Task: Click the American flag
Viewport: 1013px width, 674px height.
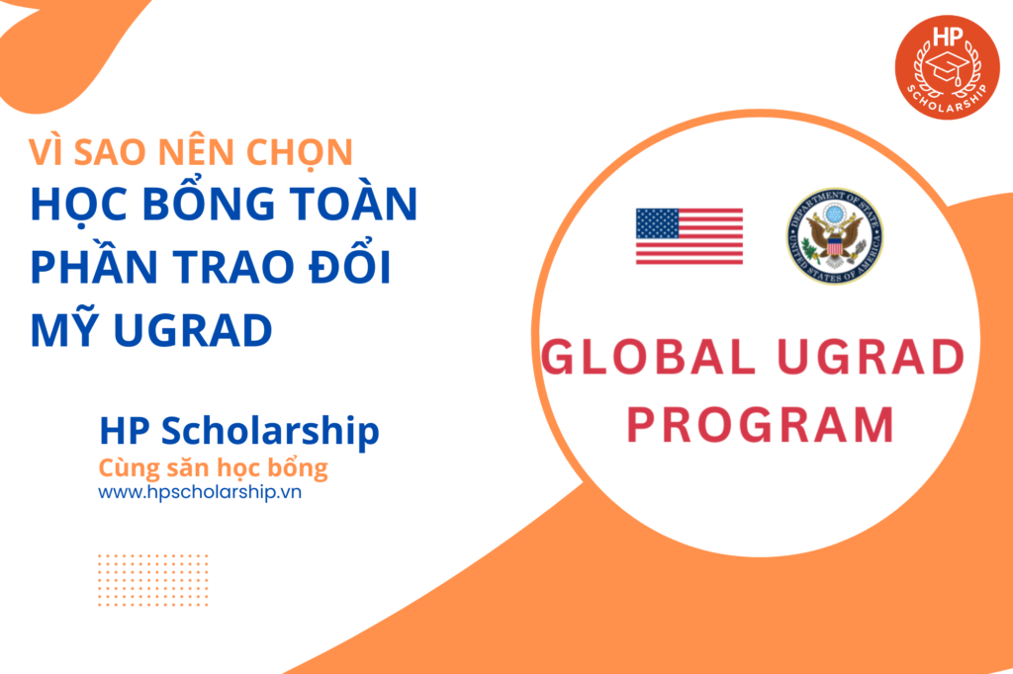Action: (x=690, y=236)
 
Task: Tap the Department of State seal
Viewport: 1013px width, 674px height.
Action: (x=834, y=236)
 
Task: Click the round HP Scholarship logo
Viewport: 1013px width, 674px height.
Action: (x=947, y=67)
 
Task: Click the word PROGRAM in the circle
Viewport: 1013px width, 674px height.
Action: (x=761, y=424)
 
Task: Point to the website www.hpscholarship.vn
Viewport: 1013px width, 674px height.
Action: (x=200, y=492)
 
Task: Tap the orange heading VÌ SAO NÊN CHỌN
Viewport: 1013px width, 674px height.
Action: (x=191, y=152)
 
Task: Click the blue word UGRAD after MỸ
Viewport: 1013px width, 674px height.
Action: (x=193, y=330)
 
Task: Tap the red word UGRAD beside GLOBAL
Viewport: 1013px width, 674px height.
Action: (x=871, y=357)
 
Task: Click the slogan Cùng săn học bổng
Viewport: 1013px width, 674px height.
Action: (x=214, y=468)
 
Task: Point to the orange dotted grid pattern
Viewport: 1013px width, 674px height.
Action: (x=153, y=580)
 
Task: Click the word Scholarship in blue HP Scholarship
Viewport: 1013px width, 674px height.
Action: (x=270, y=431)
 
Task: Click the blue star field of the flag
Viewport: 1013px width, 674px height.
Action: (x=657, y=223)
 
